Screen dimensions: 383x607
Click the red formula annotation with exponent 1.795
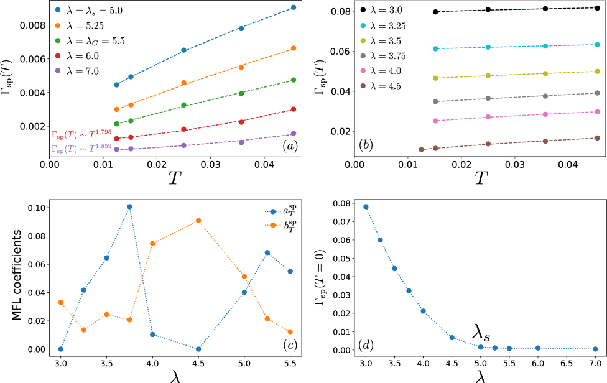(81, 133)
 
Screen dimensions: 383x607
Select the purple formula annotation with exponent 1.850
(81, 149)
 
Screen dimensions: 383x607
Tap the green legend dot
(58, 40)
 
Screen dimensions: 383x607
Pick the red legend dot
(58, 56)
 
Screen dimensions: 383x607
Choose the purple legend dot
(58, 71)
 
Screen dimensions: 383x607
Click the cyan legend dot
(363, 25)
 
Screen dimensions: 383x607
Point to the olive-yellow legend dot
(363, 40)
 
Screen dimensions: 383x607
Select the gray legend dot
(363, 55)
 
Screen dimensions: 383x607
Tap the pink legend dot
(363, 71)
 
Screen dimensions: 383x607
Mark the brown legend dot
(363, 86)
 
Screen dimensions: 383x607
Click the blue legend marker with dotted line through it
(273, 211)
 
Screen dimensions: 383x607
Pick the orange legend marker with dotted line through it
(273, 225)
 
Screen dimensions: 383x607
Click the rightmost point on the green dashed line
(294, 80)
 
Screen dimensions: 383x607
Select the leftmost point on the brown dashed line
(421, 149)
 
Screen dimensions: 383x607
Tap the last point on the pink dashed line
(597, 112)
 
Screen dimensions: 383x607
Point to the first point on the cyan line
(435, 48)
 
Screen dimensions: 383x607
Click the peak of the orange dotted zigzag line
(198, 221)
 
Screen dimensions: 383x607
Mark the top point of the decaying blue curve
(366, 206)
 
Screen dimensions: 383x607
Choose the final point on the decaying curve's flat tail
(595, 349)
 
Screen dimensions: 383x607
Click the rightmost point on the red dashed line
(294, 109)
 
